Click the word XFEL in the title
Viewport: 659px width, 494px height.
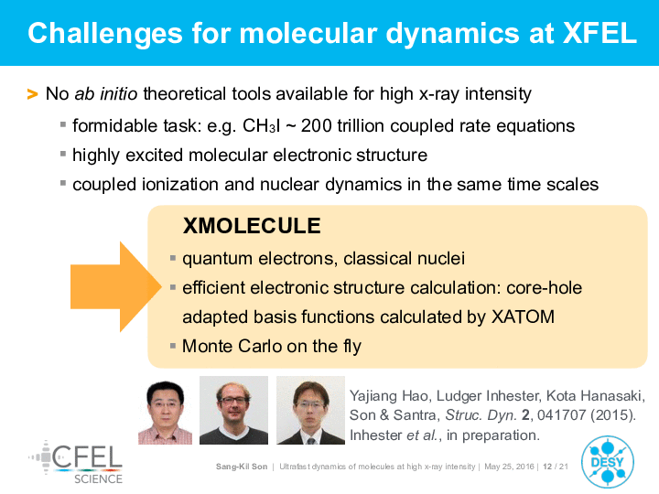[x=600, y=33]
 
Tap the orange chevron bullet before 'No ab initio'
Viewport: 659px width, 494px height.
[x=32, y=94]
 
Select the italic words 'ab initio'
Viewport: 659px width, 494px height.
[x=106, y=93]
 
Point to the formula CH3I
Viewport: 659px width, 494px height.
[x=262, y=125]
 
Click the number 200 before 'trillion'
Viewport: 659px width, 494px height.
[x=316, y=125]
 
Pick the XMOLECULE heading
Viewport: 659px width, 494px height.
[x=252, y=226]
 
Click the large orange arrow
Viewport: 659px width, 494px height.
[x=116, y=287]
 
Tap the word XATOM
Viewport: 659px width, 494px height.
[x=523, y=317]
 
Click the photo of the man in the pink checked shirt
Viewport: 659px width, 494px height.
[x=165, y=412]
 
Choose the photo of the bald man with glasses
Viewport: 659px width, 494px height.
[x=233, y=410]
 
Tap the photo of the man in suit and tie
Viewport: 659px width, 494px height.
[x=310, y=410]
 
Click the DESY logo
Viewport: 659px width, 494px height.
[x=608, y=462]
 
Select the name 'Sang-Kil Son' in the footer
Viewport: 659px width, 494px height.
[x=242, y=467]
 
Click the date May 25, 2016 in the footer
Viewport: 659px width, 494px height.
[x=509, y=467]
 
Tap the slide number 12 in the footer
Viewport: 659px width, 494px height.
[x=547, y=467]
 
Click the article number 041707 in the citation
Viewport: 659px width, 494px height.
[x=561, y=415]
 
